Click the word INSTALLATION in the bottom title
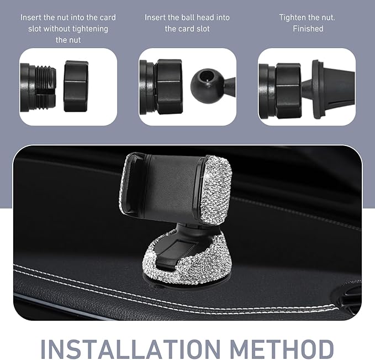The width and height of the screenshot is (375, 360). tap(130, 348)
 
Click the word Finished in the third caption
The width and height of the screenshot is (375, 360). tap(308, 29)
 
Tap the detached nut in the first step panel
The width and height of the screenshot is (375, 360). tap(76, 86)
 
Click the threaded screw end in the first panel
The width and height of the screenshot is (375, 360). tap(46, 87)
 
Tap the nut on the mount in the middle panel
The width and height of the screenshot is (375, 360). tap(169, 87)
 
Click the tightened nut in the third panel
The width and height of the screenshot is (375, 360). tap(288, 91)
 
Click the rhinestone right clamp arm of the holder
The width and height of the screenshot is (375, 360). tap(216, 190)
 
